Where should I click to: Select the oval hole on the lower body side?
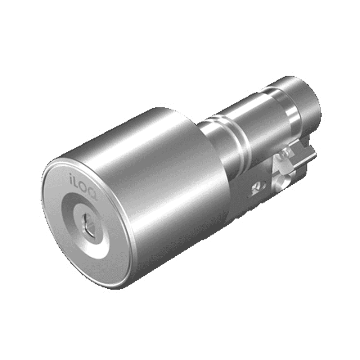tap(258, 186)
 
